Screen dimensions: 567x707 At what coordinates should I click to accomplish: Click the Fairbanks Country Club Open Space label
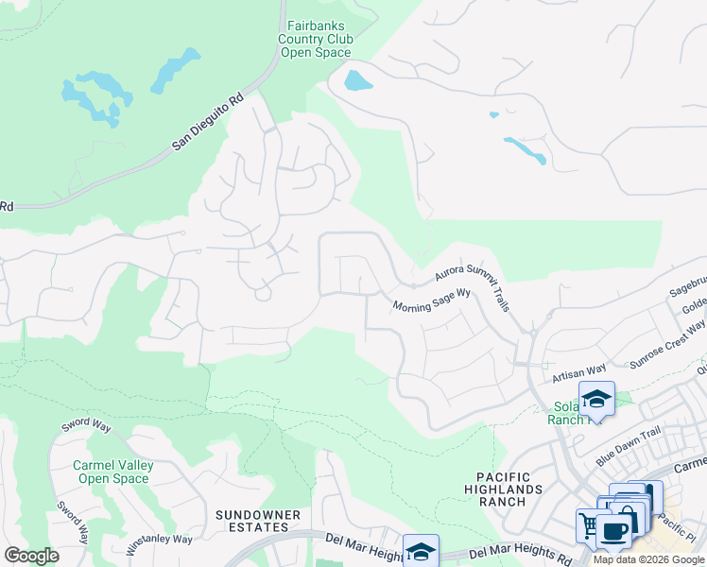[316, 40]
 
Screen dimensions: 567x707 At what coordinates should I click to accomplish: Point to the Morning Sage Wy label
[432, 301]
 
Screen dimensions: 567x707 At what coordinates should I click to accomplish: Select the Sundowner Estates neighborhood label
[258, 521]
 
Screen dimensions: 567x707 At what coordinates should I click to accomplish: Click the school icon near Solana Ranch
[596, 399]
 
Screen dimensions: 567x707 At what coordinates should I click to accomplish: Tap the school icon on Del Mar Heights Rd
[421, 550]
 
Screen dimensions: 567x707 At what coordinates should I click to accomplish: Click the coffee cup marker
[613, 530]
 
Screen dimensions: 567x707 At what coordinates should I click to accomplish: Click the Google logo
[31, 556]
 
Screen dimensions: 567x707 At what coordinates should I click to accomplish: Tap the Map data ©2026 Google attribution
[648, 559]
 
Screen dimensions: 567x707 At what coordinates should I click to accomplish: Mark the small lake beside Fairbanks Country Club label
[358, 80]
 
